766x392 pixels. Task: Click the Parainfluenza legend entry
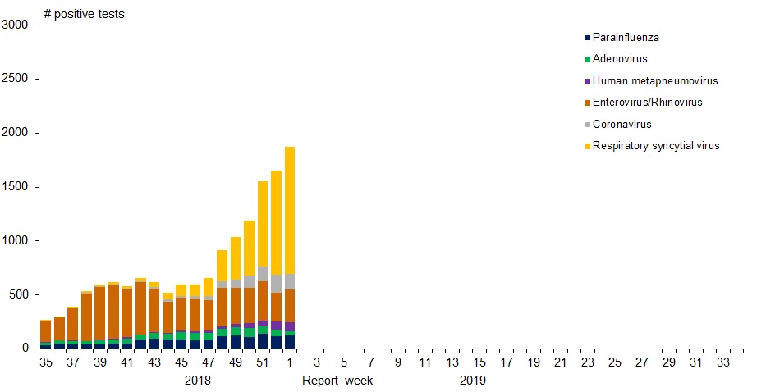point(626,38)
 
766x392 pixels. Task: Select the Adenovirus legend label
point(620,59)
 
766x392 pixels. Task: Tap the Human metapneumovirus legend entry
point(655,81)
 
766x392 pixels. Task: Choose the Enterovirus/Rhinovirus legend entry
point(647,103)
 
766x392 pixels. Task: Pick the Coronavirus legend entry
point(622,125)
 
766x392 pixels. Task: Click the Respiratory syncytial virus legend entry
point(656,146)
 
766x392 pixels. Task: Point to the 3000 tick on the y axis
point(16,25)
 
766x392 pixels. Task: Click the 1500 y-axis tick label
point(16,187)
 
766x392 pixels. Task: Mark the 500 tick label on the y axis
point(19,294)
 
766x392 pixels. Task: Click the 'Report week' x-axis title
point(338,381)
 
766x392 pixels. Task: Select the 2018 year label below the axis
point(197,381)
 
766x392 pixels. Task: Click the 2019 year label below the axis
point(472,381)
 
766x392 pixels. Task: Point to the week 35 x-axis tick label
point(46,362)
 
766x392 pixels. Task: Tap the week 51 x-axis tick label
point(262,362)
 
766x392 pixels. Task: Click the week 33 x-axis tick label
point(723,362)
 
